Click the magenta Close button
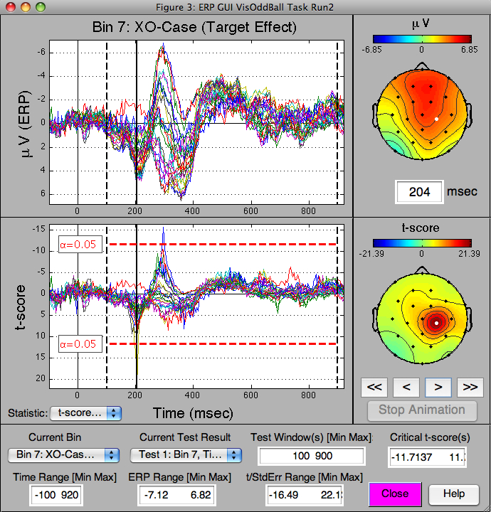coord(395,494)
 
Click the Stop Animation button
coord(421,410)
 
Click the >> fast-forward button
coord(470,387)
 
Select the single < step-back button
coord(406,387)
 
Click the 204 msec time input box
coord(420,192)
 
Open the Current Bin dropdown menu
coord(63,454)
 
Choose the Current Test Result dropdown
coord(185,454)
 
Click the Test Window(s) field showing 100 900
coord(312,456)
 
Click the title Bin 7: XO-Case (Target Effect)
coord(194,28)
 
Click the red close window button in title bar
coord(9,6)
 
